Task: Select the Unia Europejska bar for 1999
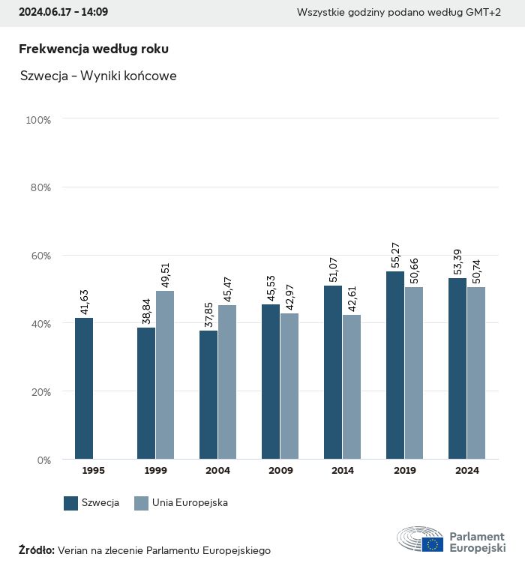pos(165,375)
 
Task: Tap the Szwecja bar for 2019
pos(395,365)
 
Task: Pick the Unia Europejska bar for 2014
pos(352,387)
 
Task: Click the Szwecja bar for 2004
pos(208,395)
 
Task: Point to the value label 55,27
pos(395,255)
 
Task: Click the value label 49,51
pos(165,274)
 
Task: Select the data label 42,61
pos(352,298)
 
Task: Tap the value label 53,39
pos(457,262)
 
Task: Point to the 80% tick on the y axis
pos(40,187)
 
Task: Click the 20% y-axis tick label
pos(40,391)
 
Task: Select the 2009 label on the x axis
pos(280,471)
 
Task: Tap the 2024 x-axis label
pos(466,471)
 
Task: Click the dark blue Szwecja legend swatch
pos(71,503)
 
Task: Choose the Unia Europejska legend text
pos(190,503)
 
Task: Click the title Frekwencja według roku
pos(94,49)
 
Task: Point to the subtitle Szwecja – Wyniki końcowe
pos(99,76)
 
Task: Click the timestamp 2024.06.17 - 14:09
pos(63,13)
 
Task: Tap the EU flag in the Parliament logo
pos(432,544)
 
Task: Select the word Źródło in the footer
pos(36,550)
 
